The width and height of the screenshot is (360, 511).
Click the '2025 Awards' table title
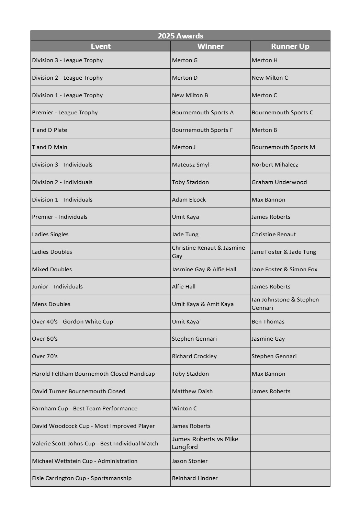(x=180, y=36)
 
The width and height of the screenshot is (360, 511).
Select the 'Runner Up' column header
(x=290, y=46)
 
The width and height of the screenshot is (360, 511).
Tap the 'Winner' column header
(x=210, y=46)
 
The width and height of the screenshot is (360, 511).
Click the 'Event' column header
(x=101, y=46)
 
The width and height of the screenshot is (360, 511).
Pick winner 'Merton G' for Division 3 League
(x=185, y=60)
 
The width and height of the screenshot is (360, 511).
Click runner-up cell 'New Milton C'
(x=270, y=78)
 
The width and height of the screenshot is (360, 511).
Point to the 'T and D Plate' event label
(x=49, y=130)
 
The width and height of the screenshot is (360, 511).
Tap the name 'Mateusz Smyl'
(x=191, y=165)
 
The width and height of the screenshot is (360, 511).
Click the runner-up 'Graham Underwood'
(x=279, y=182)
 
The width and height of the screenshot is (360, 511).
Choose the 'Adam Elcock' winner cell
(x=189, y=200)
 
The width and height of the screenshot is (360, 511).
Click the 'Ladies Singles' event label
(x=50, y=235)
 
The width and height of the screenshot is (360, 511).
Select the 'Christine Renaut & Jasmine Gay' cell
(x=208, y=252)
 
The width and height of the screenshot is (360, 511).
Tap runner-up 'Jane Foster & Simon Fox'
(x=284, y=270)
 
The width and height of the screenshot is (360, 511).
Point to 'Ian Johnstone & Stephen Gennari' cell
(x=285, y=304)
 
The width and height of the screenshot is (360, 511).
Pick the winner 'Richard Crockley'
(x=194, y=356)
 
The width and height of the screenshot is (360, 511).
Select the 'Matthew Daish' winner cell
(x=192, y=391)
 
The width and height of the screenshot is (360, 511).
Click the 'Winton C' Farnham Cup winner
(x=184, y=409)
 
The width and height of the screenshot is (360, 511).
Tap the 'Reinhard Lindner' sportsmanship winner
(x=195, y=478)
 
